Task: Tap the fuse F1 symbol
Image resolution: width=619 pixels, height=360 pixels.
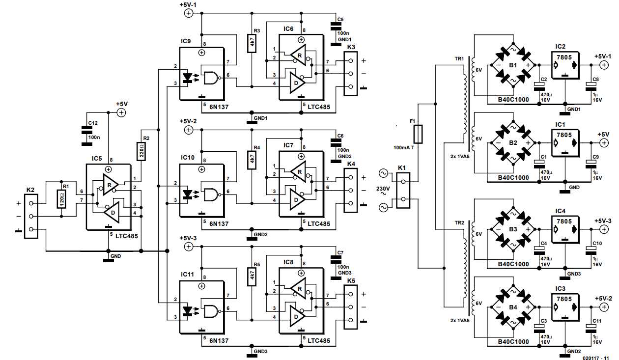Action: [419, 133]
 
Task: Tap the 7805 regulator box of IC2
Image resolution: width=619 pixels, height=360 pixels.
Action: [565, 65]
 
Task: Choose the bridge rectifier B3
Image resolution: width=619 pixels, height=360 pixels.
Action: [512, 230]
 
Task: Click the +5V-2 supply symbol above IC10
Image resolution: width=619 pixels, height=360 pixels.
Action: [188, 130]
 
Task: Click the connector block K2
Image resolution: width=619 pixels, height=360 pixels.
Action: [31, 216]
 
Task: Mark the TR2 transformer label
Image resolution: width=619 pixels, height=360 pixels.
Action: [460, 222]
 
